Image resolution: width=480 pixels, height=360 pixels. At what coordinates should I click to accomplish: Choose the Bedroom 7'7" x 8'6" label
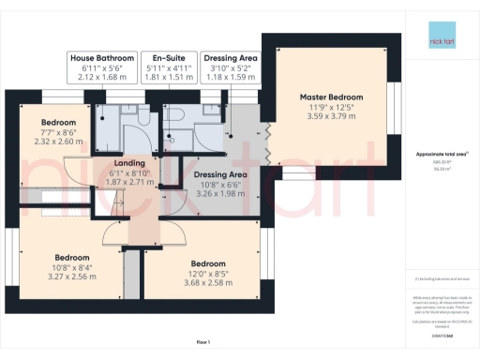point(58,123)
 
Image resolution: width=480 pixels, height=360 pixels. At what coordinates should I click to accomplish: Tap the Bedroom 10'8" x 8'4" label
point(71,258)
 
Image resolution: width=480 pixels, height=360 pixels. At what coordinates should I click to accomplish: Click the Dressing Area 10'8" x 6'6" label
point(219,174)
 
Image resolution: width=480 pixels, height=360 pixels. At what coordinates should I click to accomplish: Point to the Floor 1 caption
point(202,341)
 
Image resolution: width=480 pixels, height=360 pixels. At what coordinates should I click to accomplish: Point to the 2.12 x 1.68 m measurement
point(103,78)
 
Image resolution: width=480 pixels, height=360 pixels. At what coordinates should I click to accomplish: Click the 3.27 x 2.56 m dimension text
point(71,277)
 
